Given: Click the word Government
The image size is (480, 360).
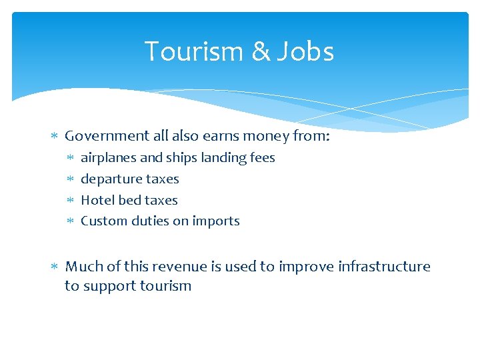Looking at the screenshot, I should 107,136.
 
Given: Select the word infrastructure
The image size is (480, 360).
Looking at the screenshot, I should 384,267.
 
